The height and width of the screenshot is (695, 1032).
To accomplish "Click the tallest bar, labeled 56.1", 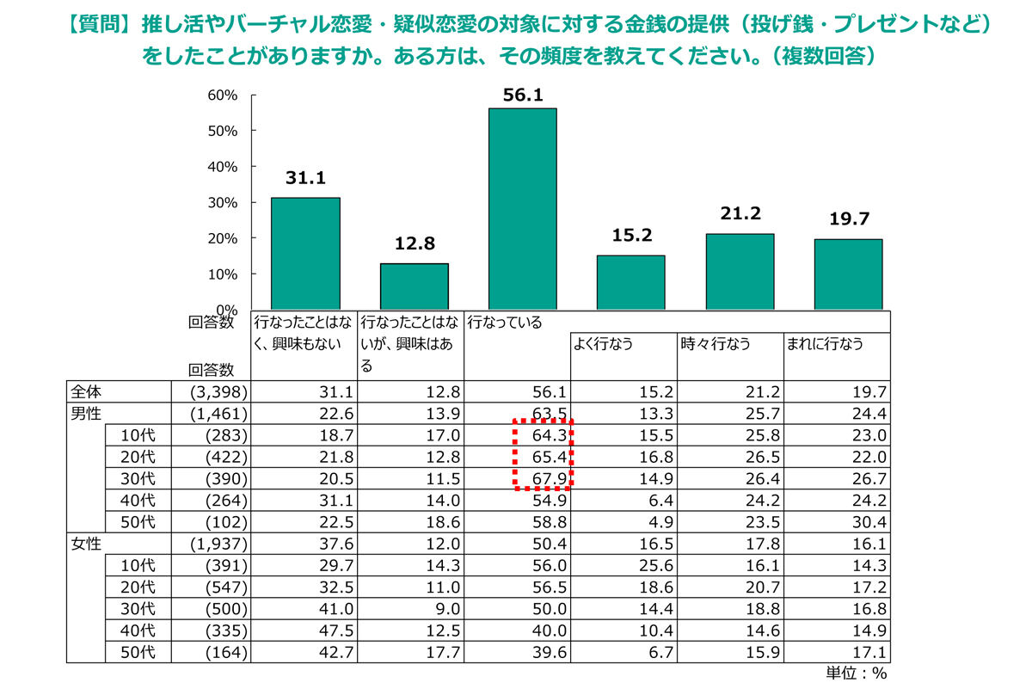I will point(522,209).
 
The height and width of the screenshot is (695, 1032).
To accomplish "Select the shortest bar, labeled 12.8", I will point(414,286).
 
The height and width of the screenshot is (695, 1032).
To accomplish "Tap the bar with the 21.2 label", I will point(739,271).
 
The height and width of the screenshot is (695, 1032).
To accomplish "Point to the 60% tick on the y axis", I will point(222,95).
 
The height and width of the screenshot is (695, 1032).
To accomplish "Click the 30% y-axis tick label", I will point(222,202).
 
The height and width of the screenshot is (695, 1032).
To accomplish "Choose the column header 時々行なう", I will point(715,344).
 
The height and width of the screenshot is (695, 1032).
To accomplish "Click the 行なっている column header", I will point(504,323).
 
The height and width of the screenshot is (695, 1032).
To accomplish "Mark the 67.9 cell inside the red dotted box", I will point(548,477).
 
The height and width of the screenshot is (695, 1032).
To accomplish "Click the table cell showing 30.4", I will point(869,522).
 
